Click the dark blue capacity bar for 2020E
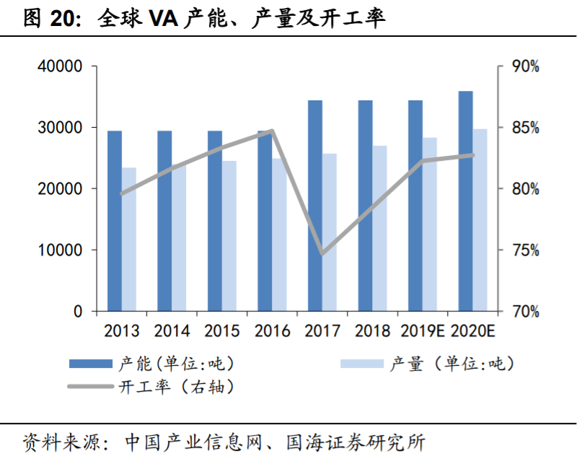coord(466,201)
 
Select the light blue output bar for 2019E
coord(430,224)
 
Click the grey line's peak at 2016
coord(272,131)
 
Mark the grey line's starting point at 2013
coord(122,193)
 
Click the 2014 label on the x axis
coord(172,331)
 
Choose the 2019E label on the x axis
coord(423,331)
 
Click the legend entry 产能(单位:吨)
coord(175,364)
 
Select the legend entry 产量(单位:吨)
coord(453,364)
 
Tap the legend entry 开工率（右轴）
coord(175,387)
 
